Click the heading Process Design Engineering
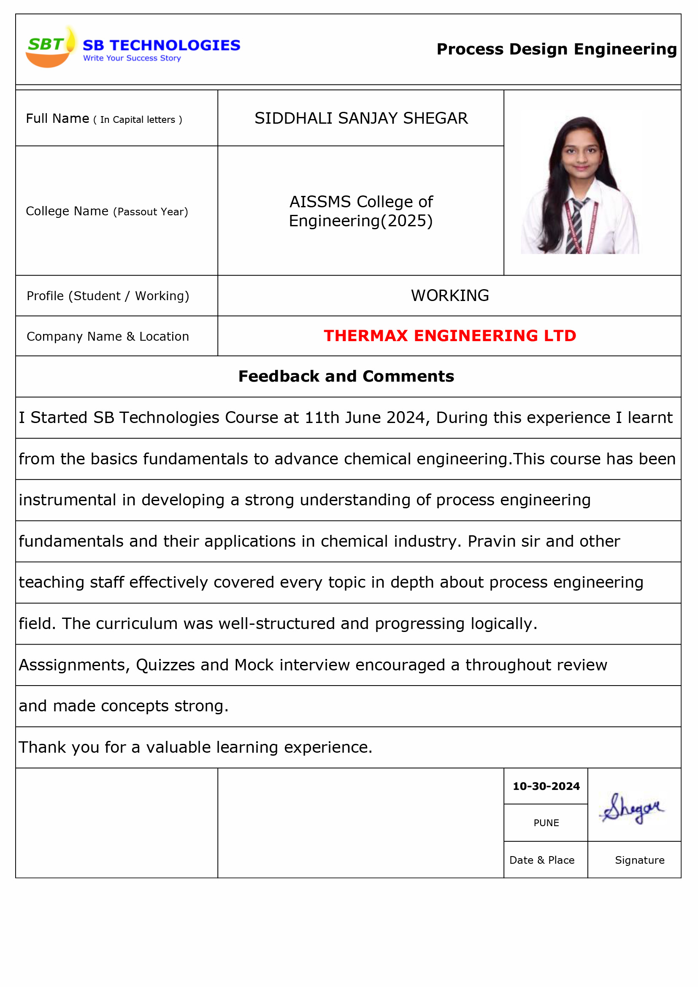556,49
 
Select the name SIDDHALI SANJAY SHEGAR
361,118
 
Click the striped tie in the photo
576,225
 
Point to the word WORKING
449,296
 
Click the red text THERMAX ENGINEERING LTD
449,336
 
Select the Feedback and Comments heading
346,376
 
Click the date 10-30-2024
546,786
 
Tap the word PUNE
546,823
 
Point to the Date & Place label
541,860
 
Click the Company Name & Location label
108,336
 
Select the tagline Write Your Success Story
132,58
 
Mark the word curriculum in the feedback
137,624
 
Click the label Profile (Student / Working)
108,296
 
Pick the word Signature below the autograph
639,860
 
